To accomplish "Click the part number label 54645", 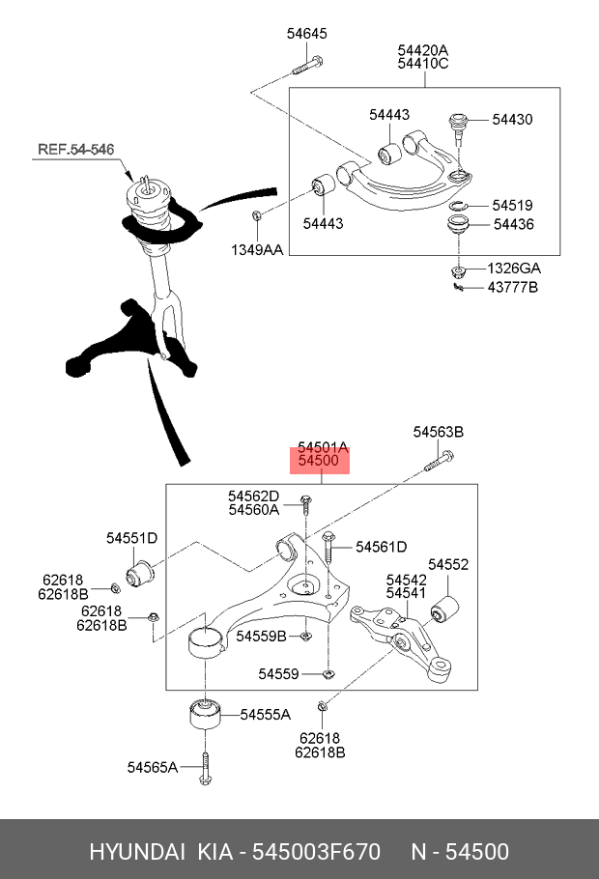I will click(x=306, y=34).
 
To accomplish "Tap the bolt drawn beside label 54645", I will click(x=306, y=67).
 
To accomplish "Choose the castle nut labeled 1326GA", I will click(x=461, y=268).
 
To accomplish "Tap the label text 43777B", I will click(x=512, y=287).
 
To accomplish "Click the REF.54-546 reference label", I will click(x=75, y=150).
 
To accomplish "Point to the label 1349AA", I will click(x=256, y=250).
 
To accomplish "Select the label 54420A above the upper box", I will click(x=423, y=50).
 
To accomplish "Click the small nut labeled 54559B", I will click(x=304, y=636).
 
